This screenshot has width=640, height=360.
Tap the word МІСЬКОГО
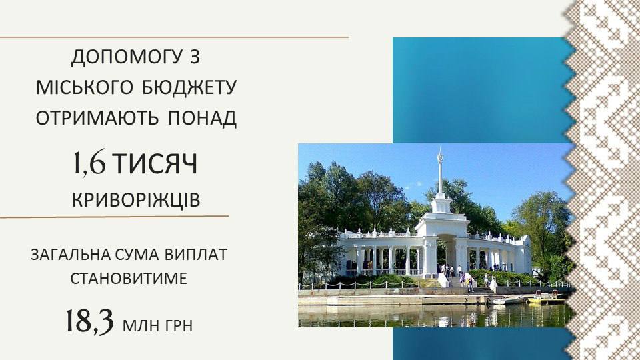click(x=85, y=88)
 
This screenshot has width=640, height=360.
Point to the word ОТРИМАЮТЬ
click(x=97, y=118)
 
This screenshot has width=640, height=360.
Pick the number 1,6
click(x=89, y=163)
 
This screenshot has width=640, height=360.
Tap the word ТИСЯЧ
click(x=155, y=164)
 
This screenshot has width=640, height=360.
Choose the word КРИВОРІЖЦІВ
click(x=136, y=200)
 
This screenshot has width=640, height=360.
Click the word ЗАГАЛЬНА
click(x=70, y=255)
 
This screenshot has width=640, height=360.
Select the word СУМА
click(x=137, y=255)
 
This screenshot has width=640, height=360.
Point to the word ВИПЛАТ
click(x=196, y=255)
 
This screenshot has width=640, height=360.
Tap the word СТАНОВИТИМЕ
click(x=129, y=279)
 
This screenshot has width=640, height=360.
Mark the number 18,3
click(x=89, y=321)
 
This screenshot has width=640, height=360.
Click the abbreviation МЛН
click(x=139, y=326)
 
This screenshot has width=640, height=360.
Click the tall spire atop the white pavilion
click(x=440, y=171)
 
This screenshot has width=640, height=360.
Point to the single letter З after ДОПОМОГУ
click(x=195, y=57)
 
